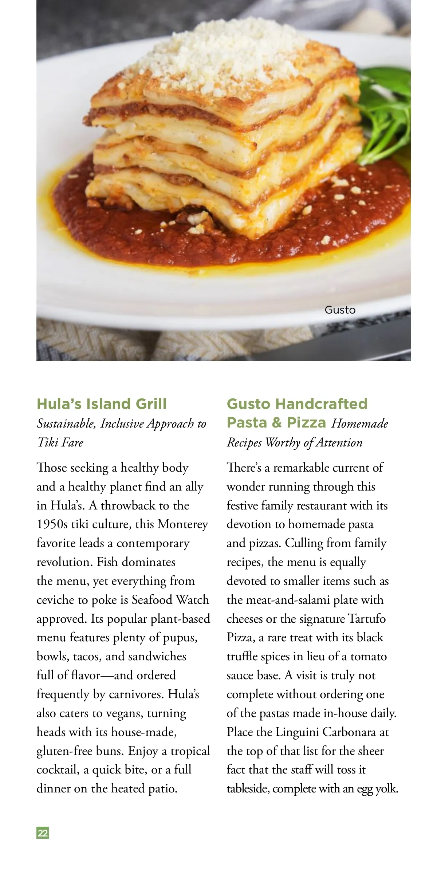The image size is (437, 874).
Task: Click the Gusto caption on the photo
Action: pos(340,310)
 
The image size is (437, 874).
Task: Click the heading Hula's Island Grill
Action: pos(102,404)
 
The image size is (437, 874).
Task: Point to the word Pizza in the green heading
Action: pos(306,422)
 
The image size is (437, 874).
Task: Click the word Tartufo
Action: pos(366,619)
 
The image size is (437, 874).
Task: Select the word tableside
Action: pos(247,789)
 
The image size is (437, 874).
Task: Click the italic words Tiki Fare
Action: pos(60,442)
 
